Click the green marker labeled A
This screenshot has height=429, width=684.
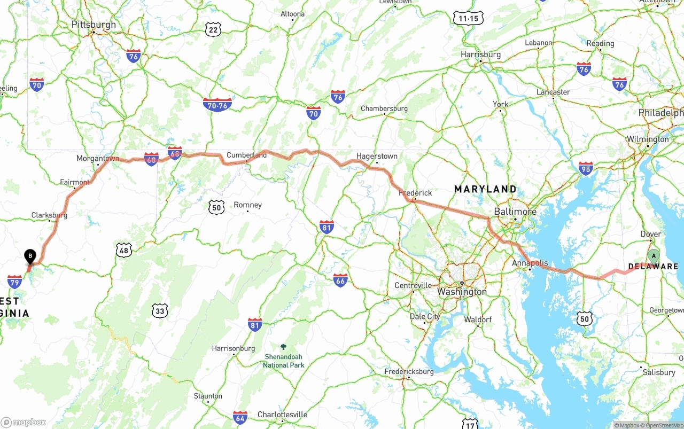pyautogui.click(x=654, y=256)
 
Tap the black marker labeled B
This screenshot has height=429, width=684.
pyautogui.click(x=30, y=256)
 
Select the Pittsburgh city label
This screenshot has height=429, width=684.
pyautogui.click(x=94, y=25)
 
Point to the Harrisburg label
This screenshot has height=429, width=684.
pyautogui.click(x=481, y=54)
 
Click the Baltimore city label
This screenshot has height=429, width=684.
pyautogui.click(x=515, y=212)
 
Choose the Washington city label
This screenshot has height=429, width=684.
pyautogui.click(x=462, y=292)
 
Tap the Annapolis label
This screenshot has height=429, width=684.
pyautogui.click(x=530, y=263)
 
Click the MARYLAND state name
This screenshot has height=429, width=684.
pyautogui.click(x=485, y=189)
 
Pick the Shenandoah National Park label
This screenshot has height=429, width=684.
pyautogui.click(x=283, y=361)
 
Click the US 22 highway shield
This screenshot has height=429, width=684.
pyautogui.click(x=213, y=30)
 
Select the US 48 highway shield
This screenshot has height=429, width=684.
pyautogui.click(x=124, y=249)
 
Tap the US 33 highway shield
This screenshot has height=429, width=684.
pyautogui.click(x=160, y=310)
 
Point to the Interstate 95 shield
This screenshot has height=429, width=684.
pyautogui.click(x=586, y=168)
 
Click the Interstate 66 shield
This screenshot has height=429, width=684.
pyautogui.click(x=340, y=280)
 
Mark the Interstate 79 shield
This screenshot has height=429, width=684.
pyautogui.click(x=15, y=282)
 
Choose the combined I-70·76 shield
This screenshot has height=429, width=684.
pyautogui.click(x=217, y=105)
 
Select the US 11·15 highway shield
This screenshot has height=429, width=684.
pyautogui.click(x=469, y=18)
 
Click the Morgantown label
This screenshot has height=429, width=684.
pyautogui.click(x=98, y=159)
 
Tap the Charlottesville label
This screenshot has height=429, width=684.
pyautogui.click(x=282, y=415)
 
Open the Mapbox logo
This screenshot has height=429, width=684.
pyautogui.click(x=24, y=422)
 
